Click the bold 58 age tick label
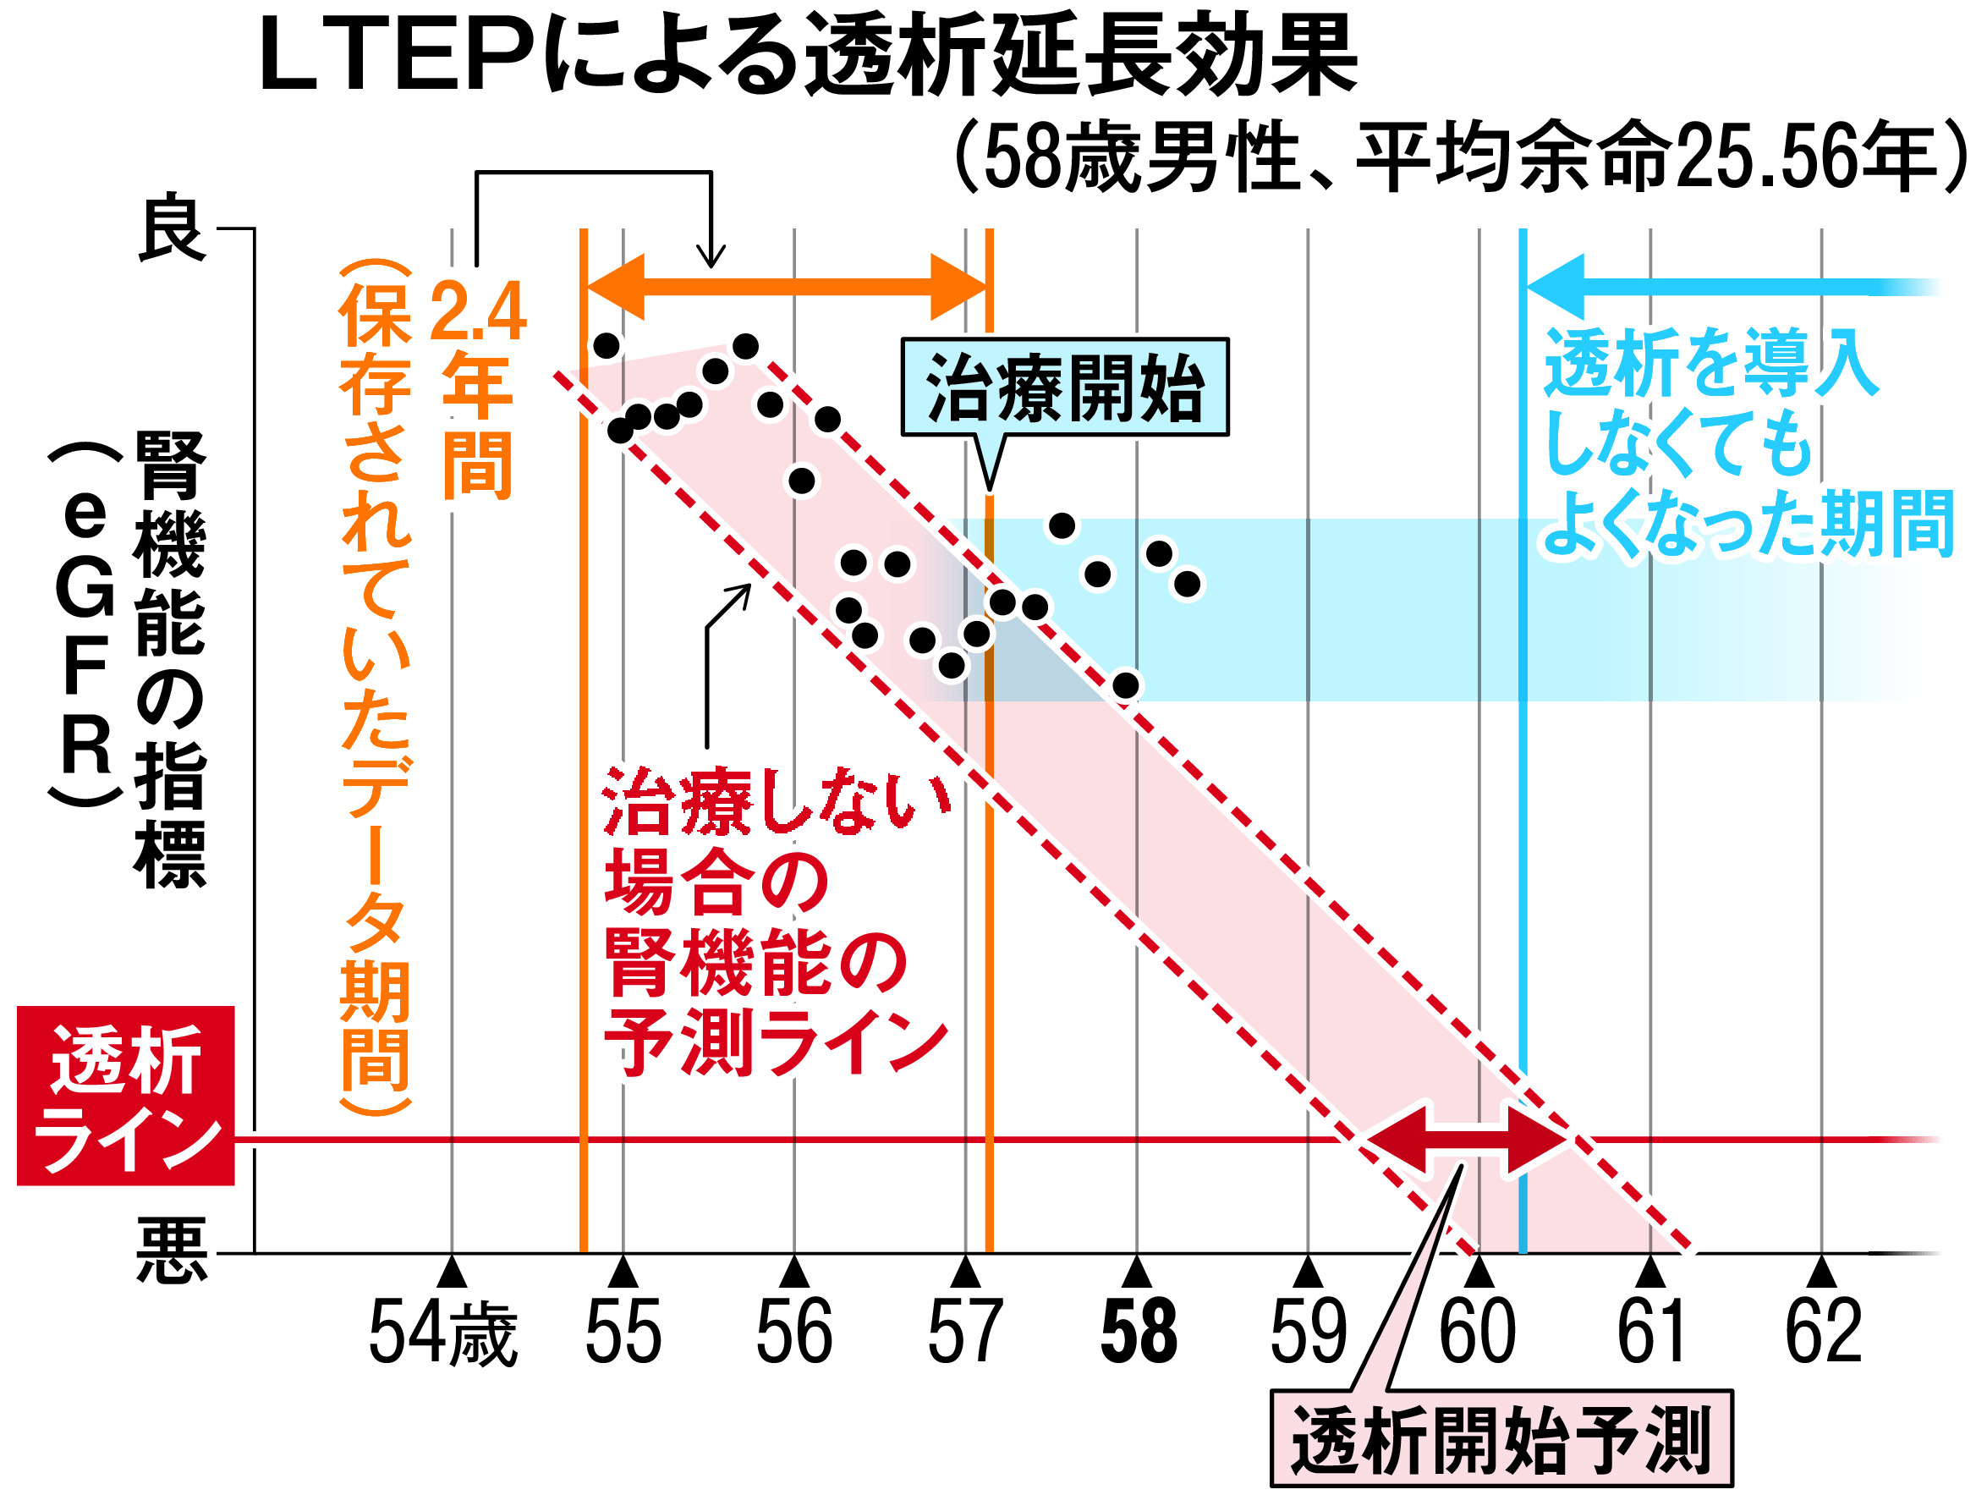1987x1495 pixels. pyautogui.click(x=1138, y=1333)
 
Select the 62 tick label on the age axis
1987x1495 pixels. pyautogui.click(x=1823, y=1333)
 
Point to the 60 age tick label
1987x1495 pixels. pyautogui.click(x=1478, y=1333)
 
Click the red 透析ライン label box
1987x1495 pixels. pyautogui.click(x=125, y=1097)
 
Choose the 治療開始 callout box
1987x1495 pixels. pyautogui.click(x=1064, y=388)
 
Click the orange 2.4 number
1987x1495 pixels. pyautogui.click(x=477, y=311)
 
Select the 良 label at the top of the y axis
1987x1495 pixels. pyautogui.click(x=171, y=228)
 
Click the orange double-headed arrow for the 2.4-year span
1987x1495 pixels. pyautogui.click(x=786, y=288)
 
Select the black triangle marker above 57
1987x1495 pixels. pyautogui.click(x=966, y=1273)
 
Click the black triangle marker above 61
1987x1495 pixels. pyautogui.click(x=1650, y=1273)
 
